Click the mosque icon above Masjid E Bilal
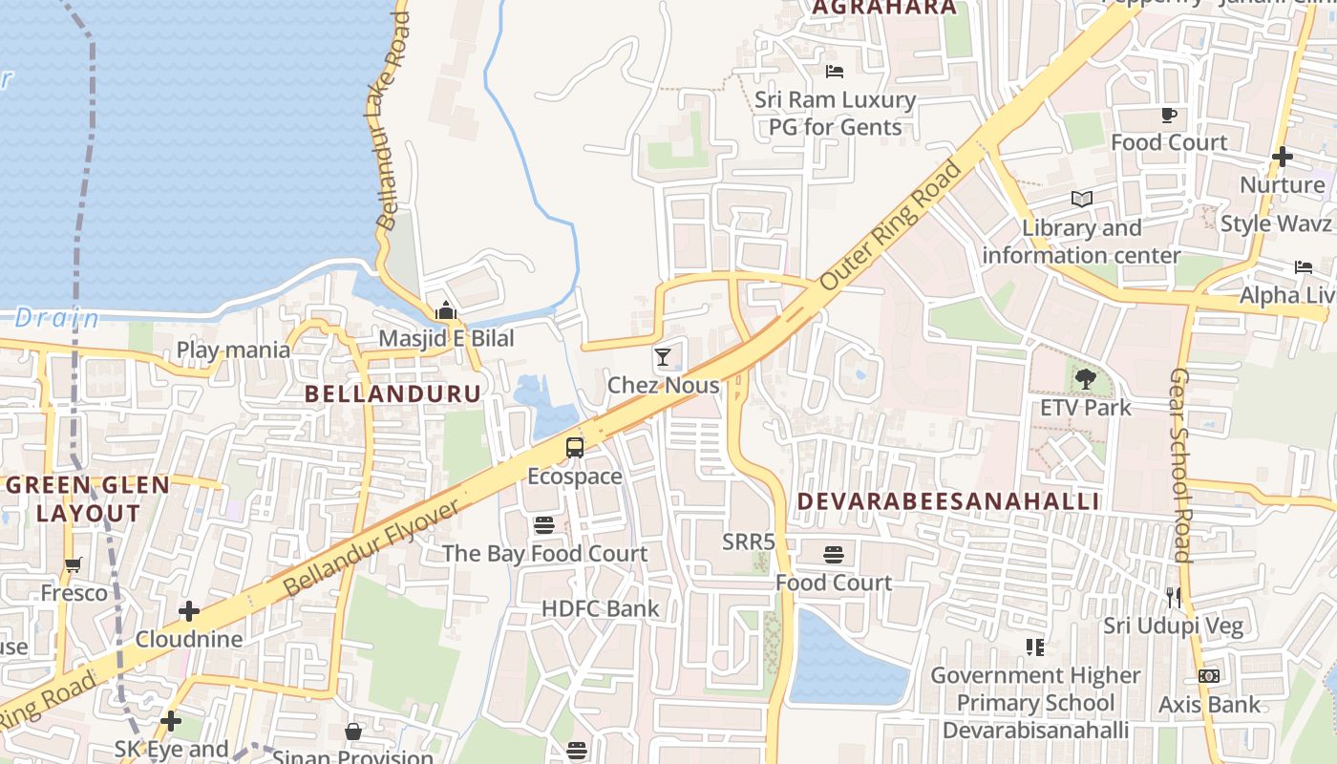[x=446, y=310]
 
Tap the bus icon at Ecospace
[x=575, y=448]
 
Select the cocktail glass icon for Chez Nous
[x=663, y=357]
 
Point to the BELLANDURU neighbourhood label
[x=393, y=393]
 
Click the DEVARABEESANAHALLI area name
[x=948, y=501]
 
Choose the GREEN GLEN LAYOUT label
[x=88, y=499]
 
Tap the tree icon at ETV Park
[x=1085, y=380]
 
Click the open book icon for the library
[x=1081, y=200]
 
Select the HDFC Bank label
[x=600, y=608]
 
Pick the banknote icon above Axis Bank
[x=1209, y=676]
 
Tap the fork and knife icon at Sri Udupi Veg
[x=1174, y=598]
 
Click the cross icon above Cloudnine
[x=189, y=610]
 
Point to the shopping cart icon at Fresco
[x=74, y=564]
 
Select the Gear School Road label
[x=1181, y=465]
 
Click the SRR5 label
[x=749, y=541]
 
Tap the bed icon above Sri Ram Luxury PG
[x=835, y=72]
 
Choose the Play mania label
[x=233, y=350]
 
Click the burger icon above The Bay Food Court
[x=544, y=524]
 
